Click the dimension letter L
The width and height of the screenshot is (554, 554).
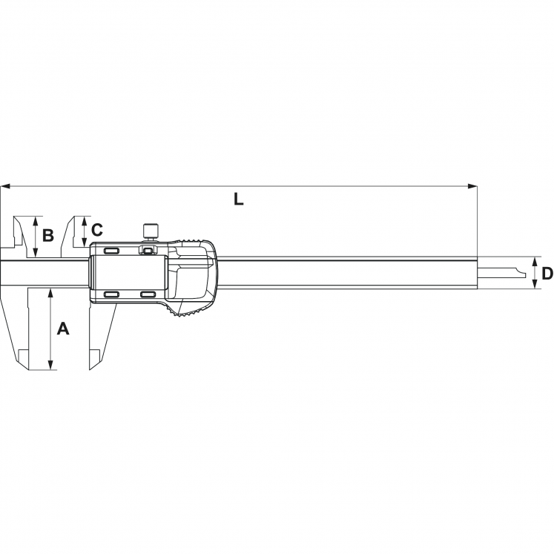(239, 199)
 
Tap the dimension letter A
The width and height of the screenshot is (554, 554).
(63, 329)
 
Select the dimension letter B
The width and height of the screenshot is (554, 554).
(48, 235)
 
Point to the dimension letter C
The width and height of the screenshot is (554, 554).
(97, 230)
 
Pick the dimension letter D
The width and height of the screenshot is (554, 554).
(547, 274)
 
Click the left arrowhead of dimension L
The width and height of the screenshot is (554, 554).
(5, 186)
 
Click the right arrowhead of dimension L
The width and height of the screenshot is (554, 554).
(472, 186)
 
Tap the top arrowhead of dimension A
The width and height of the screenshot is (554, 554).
(50, 293)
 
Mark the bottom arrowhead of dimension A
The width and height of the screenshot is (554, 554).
(50, 366)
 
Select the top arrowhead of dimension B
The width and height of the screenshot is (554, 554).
(35, 221)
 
